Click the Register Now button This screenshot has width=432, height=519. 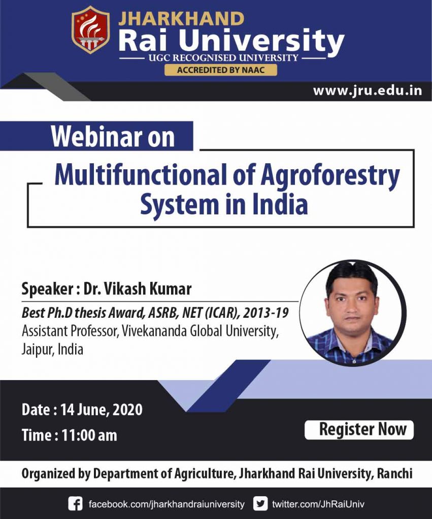(359, 430)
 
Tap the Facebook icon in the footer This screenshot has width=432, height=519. (75, 504)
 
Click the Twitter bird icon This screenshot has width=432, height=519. (260, 504)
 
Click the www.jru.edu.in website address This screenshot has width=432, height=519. (367, 91)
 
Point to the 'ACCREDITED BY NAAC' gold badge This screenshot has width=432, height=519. (220, 70)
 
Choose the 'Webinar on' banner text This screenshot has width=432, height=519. (113, 137)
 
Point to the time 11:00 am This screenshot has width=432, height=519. (89, 435)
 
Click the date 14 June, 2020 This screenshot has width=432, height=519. (101, 410)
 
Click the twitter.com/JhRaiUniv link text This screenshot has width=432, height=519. (318, 504)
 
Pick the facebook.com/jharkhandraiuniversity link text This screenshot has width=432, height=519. (167, 504)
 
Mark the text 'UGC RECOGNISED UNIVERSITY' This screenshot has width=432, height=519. (223, 58)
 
